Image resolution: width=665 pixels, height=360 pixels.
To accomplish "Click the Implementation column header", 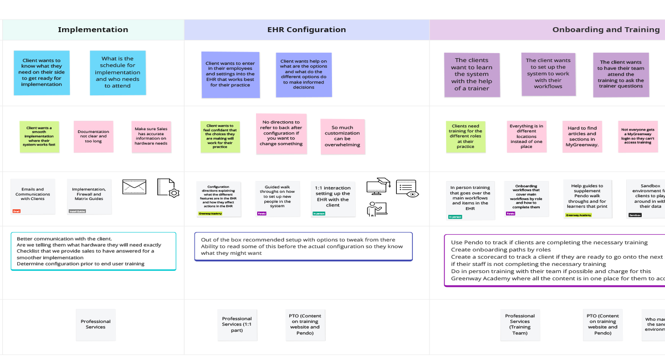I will (x=93, y=30).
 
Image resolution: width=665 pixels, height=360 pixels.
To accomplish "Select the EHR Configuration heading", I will (x=306, y=30).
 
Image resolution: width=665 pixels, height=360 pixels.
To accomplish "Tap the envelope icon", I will (x=134, y=187).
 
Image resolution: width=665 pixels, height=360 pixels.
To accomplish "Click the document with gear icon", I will (x=167, y=188).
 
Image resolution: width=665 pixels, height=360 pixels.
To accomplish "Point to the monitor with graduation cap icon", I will (x=379, y=186).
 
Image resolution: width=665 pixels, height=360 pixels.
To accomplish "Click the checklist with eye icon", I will (x=407, y=188).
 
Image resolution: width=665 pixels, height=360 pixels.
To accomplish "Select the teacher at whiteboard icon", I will (x=377, y=209).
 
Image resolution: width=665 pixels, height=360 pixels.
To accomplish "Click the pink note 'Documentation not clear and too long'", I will (x=93, y=137).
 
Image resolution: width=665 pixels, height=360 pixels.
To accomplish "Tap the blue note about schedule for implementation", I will (x=117, y=73).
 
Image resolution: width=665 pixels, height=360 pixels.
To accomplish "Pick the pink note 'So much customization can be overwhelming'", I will (x=342, y=136).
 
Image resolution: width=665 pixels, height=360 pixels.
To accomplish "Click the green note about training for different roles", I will (x=465, y=137).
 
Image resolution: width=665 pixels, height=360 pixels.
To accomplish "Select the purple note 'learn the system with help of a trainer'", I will (x=472, y=74).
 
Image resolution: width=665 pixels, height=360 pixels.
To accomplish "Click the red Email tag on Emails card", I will (x=16, y=211).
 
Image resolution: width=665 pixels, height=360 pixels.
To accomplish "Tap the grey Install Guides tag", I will (x=77, y=211).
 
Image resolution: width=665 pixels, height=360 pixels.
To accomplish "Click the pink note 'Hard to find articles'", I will (x=582, y=137).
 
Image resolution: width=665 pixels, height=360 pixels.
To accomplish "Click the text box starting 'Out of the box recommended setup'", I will (x=303, y=246).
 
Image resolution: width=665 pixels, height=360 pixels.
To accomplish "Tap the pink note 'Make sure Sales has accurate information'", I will (x=151, y=137).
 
